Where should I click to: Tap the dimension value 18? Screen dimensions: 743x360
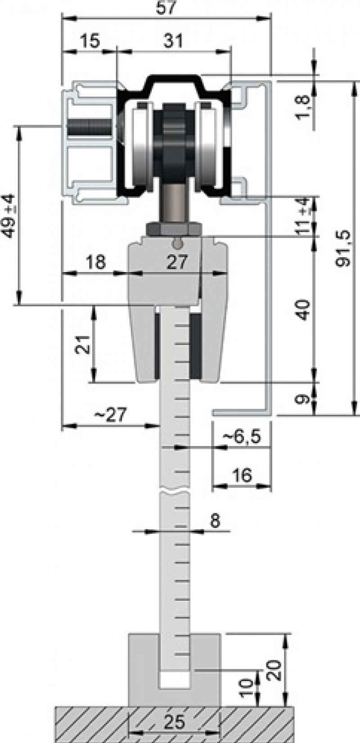coord(95,262)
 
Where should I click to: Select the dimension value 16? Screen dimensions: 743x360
coord(243,475)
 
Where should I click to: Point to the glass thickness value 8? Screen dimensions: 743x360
coord(215,521)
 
